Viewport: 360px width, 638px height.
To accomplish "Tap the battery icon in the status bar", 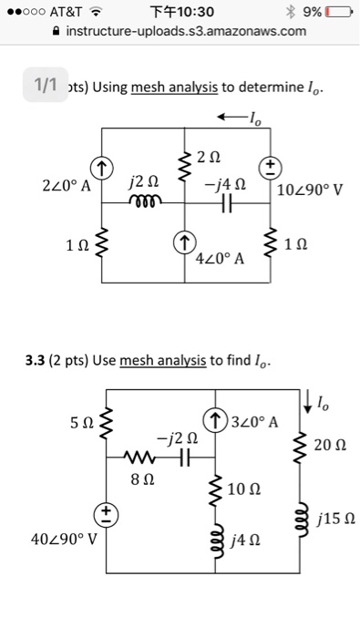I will coord(342,12).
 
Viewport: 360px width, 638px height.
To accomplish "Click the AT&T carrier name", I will coord(63,12).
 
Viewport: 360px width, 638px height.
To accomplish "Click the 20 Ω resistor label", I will coord(328,445).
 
